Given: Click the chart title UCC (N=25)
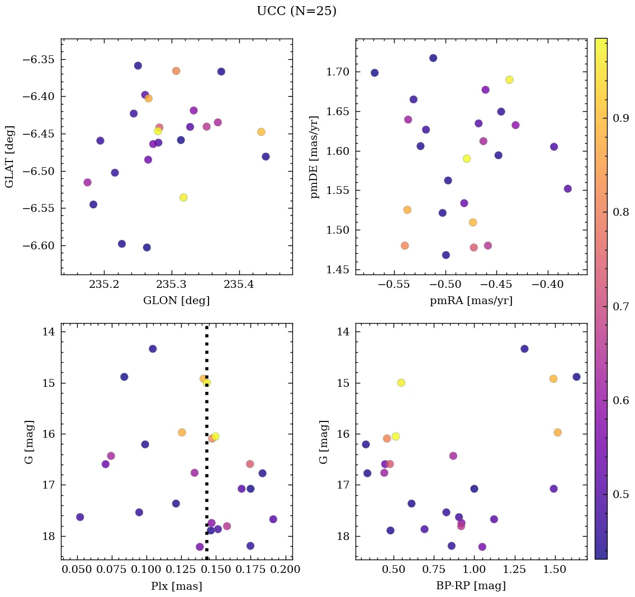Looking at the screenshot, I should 296,11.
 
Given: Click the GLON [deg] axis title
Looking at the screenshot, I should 177,301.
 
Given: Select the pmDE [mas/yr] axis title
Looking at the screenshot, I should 314,157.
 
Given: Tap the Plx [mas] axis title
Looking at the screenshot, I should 177,586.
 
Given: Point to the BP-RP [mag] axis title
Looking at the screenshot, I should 471,586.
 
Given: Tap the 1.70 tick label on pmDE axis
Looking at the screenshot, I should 338,72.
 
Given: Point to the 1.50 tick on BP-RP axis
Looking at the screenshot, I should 554,570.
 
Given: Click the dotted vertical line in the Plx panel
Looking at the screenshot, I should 207,447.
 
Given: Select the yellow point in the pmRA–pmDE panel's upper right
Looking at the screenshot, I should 509,80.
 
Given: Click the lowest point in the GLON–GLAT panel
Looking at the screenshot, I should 147,248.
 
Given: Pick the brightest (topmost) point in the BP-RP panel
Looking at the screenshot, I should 524,349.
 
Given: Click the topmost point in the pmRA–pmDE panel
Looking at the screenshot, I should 433,58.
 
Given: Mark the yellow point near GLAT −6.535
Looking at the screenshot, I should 183,197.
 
